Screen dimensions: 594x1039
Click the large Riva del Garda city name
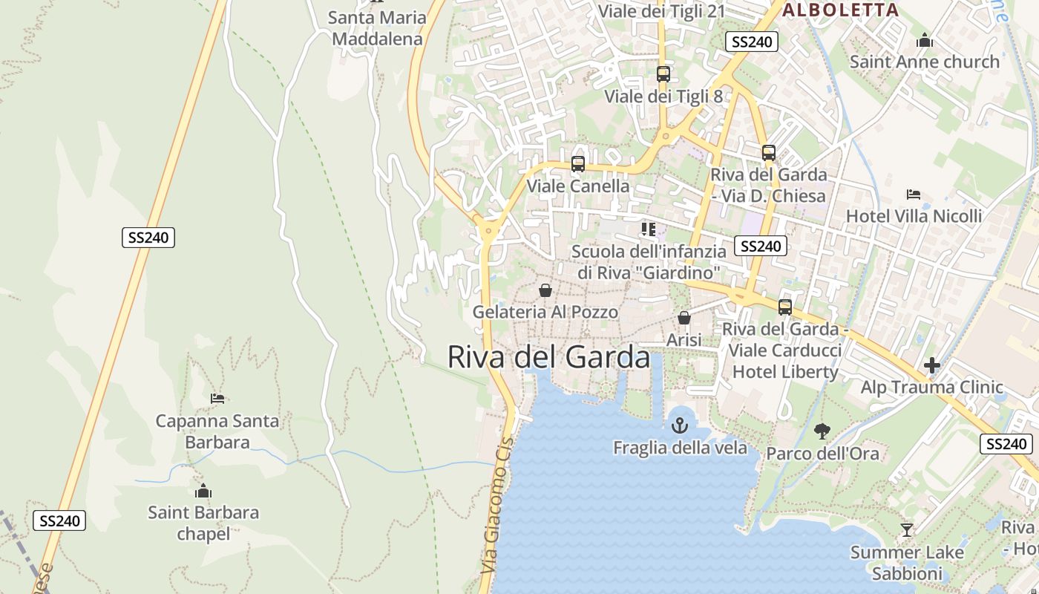pos(548,357)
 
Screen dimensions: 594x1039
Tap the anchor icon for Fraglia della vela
pos(679,425)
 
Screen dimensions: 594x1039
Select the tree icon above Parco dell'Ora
pos(822,431)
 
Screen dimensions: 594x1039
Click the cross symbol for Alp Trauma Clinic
pos(931,365)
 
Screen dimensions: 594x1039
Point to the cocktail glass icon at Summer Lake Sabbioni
pos(906,529)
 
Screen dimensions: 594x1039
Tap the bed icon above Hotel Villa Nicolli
pos(914,195)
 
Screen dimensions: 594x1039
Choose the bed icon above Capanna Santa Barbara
pos(217,399)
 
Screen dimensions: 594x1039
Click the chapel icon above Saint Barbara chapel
pos(203,491)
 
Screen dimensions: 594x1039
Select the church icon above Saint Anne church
pos(924,40)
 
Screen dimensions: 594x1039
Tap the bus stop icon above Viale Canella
pos(577,164)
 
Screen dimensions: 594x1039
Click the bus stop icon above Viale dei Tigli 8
pos(663,74)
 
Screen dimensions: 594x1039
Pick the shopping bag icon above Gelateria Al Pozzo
pos(545,290)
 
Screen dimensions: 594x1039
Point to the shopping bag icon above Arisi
pos(684,318)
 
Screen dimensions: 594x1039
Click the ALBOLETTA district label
pos(840,10)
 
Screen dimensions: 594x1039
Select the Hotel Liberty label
pos(785,371)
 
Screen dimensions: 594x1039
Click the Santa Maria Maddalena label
pos(377,28)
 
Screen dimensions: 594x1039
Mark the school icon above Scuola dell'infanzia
pos(649,229)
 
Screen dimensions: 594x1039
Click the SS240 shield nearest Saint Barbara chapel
pos(59,520)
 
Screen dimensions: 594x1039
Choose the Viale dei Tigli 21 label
pos(661,11)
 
